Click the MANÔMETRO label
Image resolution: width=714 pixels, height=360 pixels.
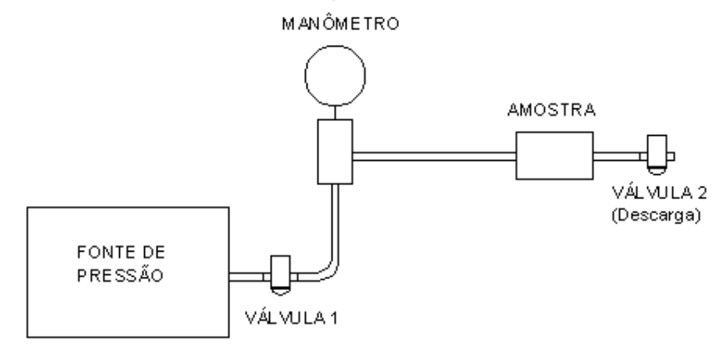341,23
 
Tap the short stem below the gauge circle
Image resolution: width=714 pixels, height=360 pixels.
335,112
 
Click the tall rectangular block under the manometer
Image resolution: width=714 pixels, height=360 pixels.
335,152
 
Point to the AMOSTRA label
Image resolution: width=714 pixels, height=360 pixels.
552,110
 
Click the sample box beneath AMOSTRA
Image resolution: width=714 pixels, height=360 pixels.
555,156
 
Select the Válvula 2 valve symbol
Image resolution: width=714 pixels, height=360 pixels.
657,154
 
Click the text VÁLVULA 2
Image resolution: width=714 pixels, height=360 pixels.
659,192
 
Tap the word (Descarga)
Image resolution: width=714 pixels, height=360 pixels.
657,215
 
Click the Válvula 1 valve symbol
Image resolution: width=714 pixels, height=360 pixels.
281,275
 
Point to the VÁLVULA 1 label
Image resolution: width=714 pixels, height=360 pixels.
292,317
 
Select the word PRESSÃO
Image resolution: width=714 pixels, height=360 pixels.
120,275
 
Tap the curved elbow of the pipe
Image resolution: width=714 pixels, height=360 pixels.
329,270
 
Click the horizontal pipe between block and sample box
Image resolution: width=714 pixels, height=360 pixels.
434,157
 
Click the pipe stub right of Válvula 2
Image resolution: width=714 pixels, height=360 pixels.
671,157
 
